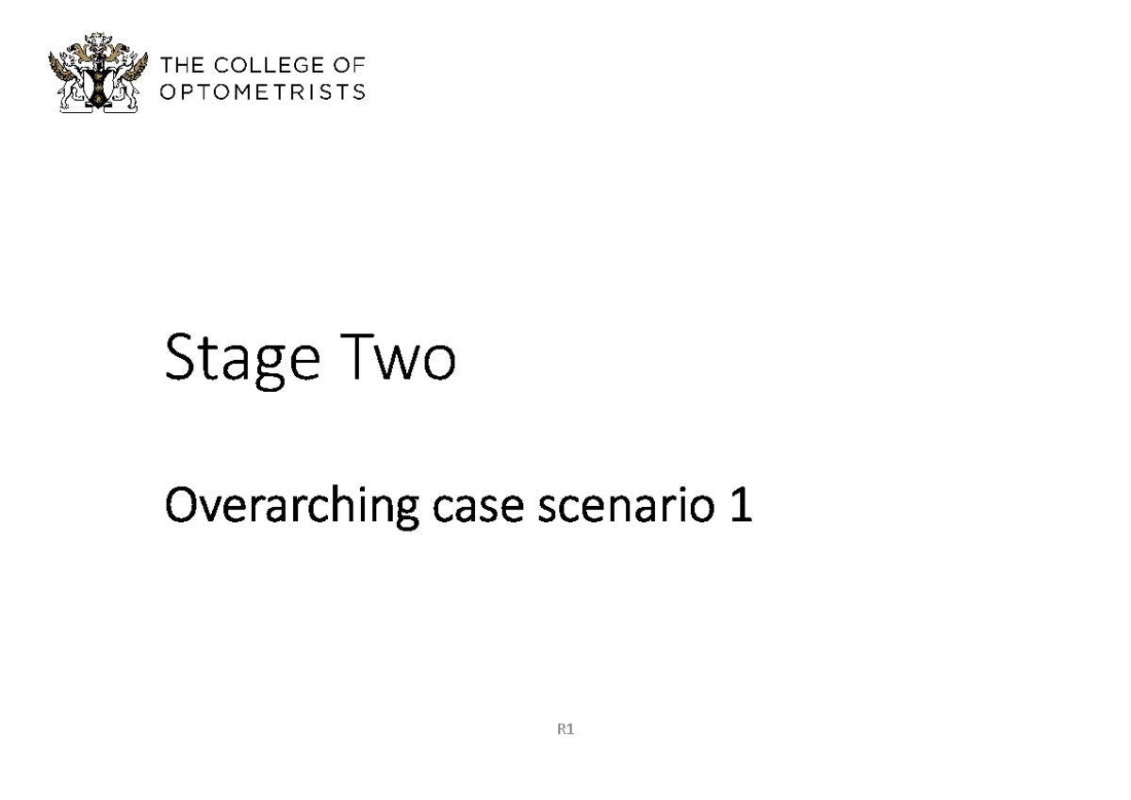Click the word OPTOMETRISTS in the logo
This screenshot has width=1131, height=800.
click(x=263, y=91)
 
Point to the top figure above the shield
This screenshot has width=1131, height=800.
click(x=99, y=44)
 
